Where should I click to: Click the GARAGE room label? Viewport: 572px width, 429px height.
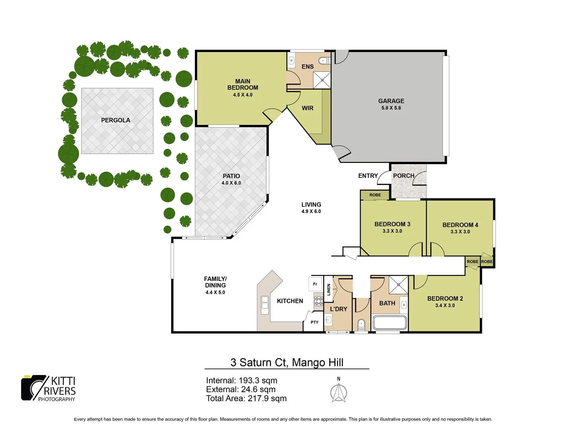pos(391,101)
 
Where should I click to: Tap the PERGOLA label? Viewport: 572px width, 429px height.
pos(116,120)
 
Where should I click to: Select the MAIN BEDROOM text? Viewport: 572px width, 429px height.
pos(243,84)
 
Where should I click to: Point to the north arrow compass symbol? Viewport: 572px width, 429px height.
pos(338,393)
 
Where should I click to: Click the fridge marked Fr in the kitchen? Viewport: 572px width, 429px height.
pos(315,284)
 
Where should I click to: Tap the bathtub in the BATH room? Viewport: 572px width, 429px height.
pos(390,322)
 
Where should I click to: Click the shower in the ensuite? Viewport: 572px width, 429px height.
pos(322,80)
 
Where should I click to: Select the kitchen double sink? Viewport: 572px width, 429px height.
pos(265,305)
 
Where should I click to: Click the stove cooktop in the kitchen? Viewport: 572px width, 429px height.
pos(319,301)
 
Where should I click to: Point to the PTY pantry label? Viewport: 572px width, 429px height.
pos(315,322)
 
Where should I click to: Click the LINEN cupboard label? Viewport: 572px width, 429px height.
pos(329,290)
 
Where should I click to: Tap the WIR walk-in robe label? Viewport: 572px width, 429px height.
pos(307,108)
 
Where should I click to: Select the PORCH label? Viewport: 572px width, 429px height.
pos(404,176)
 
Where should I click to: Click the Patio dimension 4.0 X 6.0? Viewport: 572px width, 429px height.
pos(231,183)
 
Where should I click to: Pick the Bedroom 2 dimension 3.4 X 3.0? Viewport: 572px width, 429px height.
pos(445,305)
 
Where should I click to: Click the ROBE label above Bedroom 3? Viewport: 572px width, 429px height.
pos(375,195)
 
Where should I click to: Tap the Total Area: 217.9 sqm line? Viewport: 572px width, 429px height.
pos(246,398)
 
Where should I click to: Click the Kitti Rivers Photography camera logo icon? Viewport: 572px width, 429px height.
pos(34,387)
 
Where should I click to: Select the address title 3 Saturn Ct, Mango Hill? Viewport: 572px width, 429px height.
pos(287,362)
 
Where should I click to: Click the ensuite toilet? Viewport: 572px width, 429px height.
pos(324,61)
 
